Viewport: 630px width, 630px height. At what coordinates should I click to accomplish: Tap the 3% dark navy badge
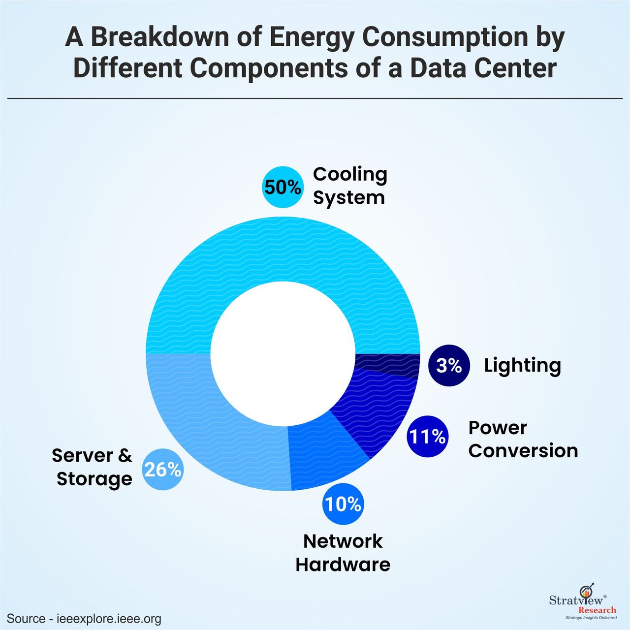click(449, 365)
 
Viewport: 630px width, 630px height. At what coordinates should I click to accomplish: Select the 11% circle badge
click(427, 437)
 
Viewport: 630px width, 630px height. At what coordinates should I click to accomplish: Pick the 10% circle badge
click(343, 504)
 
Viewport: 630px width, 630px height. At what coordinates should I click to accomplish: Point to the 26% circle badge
click(163, 470)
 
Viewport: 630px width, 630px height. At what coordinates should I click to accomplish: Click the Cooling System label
click(350, 186)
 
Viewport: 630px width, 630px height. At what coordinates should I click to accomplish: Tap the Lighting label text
click(522, 365)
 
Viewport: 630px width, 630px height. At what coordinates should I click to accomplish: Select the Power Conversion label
click(523, 439)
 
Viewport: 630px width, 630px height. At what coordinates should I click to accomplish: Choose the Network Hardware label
click(343, 553)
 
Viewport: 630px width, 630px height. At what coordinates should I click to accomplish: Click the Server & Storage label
click(93, 467)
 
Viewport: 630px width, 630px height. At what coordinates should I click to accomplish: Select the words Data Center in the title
click(483, 68)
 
